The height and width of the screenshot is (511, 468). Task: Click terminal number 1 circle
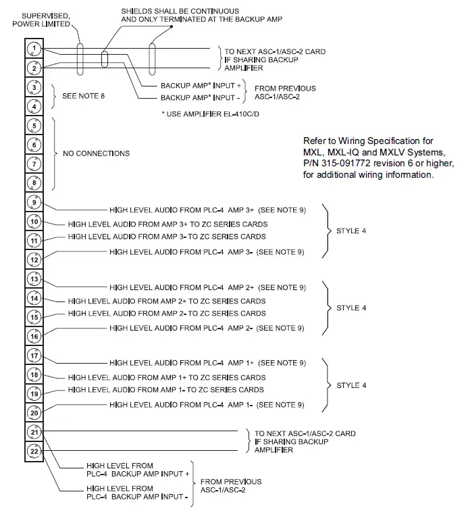pyautogui.click(x=34, y=49)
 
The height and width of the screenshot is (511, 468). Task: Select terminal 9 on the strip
pyautogui.click(x=34, y=202)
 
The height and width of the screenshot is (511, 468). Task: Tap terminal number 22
pyautogui.click(x=34, y=451)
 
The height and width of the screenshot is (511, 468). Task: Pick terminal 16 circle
pyautogui.click(x=34, y=336)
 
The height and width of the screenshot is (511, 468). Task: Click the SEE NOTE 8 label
pyautogui.click(x=83, y=96)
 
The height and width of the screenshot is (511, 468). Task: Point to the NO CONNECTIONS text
pyautogui.click(x=96, y=153)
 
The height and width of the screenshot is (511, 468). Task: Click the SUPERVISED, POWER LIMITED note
pyautogui.click(x=43, y=20)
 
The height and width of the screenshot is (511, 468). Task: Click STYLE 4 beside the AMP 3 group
pyautogui.click(x=351, y=231)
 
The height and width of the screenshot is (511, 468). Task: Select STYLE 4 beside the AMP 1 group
pyautogui.click(x=351, y=385)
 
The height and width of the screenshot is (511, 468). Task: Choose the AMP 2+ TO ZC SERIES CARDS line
pyautogui.click(x=167, y=301)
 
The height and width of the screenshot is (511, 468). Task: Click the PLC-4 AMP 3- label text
pyautogui.click(x=207, y=251)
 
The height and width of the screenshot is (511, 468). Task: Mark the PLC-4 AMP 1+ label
pyautogui.click(x=207, y=363)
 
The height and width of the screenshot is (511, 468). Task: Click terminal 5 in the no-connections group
pyautogui.click(x=34, y=126)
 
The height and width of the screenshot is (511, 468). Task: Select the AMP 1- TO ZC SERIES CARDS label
pyautogui.click(x=166, y=390)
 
